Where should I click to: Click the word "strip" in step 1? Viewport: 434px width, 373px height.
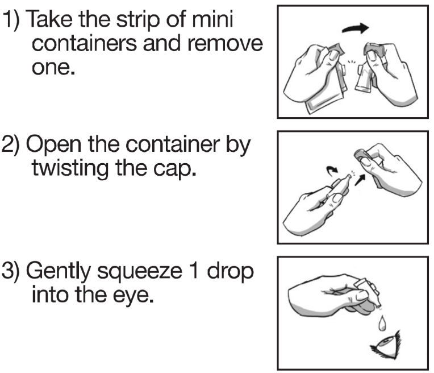[x=138, y=20]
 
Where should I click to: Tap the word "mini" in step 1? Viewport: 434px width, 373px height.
[x=212, y=18]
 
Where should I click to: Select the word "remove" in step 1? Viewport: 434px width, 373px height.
[x=225, y=43]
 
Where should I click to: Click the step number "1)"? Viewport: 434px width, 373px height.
[x=11, y=19]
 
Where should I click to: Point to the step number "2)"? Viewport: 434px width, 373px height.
[x=11, y=144]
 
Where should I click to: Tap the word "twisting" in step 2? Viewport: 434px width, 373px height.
[x=70, y=169]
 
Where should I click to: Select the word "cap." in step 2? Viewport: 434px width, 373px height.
[x=174, y=169]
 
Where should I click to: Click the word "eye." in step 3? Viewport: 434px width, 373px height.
[x=133, y=296]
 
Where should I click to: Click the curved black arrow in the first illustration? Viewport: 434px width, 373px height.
[x=356, y=28]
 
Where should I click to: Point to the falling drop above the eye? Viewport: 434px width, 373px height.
[x=382, y=323]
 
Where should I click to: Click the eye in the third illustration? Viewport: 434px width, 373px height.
[x=386, y=345]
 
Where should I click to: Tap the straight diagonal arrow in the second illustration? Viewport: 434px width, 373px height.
[x=360, y=180]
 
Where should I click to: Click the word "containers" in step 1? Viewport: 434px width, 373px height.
[x=84, y=43]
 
